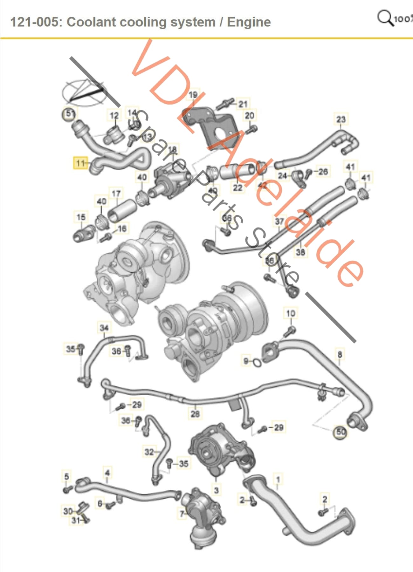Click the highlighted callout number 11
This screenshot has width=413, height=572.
(x=80, y=163)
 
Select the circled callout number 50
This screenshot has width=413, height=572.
(x=341, y=432)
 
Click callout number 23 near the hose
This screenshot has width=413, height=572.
(x=341, y=119)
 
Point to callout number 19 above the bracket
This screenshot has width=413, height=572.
(x=193, y=95)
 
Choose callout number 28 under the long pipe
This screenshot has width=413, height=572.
(x=195, y=413)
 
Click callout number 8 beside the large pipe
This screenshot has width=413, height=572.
(x=340, y=354)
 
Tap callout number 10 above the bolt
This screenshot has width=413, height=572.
(x=291, y=314)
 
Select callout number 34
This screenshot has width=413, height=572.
(x=104, y=328)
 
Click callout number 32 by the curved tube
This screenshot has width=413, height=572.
(x=149, y=452)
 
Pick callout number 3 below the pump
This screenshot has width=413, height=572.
(x=217, y=490)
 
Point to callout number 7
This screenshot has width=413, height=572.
(x=182, y=514)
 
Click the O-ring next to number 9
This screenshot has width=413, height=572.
(x=258, y=362)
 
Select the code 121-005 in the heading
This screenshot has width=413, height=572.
(x=35, y=22)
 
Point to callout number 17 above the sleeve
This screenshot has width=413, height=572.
(x=116, y=194)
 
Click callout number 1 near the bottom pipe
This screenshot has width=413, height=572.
(x=278, y=479)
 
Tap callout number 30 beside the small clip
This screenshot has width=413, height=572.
(x=68, y=511)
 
